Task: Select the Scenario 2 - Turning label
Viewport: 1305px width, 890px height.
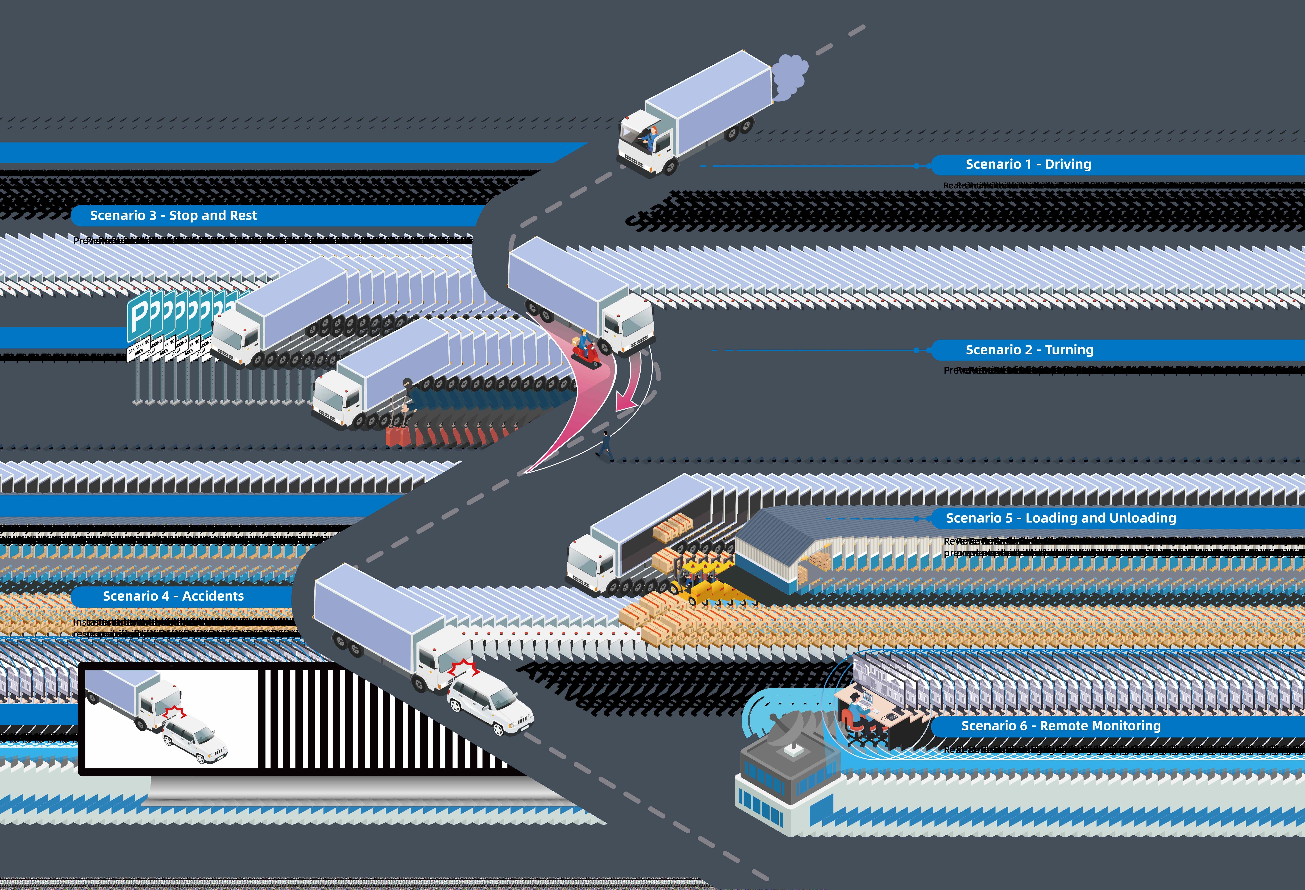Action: point(1029,350)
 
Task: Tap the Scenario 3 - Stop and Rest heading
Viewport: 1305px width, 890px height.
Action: point(173,216)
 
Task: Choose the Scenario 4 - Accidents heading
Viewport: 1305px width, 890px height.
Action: point(173,596)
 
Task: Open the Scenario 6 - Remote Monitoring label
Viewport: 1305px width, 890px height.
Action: point(1061,726)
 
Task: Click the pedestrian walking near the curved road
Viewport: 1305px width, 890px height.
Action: point(605,444)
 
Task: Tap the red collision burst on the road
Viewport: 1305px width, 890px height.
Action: point(464,670)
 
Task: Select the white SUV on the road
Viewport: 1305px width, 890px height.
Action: point(490,702)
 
